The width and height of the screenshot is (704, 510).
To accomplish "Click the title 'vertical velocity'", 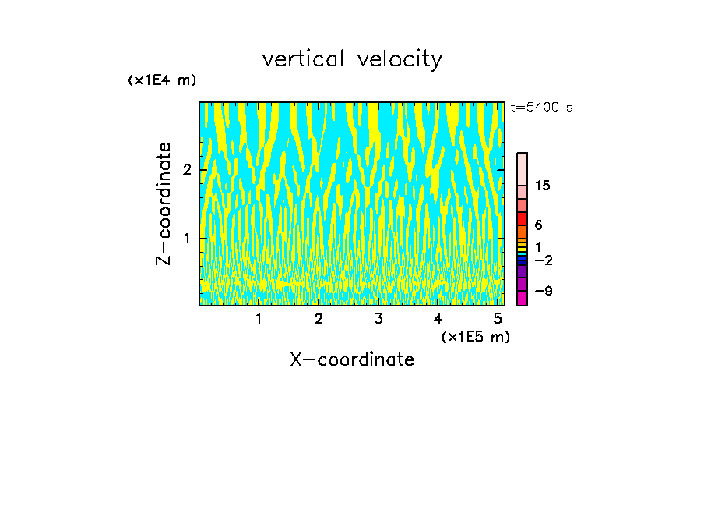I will [352, 59].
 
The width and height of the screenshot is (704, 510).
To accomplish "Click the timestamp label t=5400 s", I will [541, 108].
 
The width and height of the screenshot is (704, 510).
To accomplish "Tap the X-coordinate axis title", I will [352, 359].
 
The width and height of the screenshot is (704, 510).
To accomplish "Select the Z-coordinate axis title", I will [164, 204].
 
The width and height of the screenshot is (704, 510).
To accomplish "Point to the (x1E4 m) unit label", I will [162, 80].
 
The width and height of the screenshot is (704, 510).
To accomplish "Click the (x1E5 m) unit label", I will [475, 336].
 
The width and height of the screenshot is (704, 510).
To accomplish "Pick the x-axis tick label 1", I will [259, 319].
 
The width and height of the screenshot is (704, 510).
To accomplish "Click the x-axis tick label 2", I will [319, 319].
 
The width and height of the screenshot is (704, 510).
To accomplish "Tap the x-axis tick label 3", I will [378, 319].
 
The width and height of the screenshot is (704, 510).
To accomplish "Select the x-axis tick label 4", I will [438, 319].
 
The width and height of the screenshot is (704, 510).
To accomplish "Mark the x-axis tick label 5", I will [497, 319].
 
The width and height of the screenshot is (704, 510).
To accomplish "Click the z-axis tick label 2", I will [187, 170].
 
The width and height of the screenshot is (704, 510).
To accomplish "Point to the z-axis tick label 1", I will [187, 238].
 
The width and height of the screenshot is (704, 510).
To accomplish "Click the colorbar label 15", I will [543, 186].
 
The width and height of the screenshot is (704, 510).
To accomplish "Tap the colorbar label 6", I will [538, 225].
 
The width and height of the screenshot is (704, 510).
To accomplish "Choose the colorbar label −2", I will [543, 260].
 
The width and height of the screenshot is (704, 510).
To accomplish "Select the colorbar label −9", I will [543, 291].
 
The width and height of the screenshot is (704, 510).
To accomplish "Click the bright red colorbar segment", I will [523, 218].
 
